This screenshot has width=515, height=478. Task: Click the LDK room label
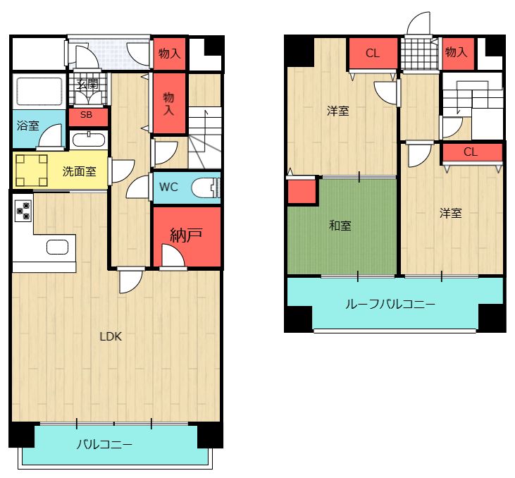pyautogui.click(x=111, y=337)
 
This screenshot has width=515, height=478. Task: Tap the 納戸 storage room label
pyautogui.click(x=187, y=234)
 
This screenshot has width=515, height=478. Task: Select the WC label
pyautogui.click(x=168, y=188)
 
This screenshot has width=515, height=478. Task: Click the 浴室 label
pyautogui.click(x=28, y=128)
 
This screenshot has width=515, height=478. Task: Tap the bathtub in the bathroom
pyautogui.click(x=39, y=92)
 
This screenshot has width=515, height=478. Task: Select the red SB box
pyautogui.click(x=87, y=115)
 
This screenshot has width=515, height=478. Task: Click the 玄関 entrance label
pyautogui.click(x=88, y=85)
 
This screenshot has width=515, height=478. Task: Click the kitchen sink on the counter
pyautogui.click(x=58, y=247)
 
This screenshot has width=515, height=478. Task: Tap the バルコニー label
pyautogui.click(x=104, y=445)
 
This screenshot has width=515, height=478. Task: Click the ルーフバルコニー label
pyautogui.click(x=390, y=305)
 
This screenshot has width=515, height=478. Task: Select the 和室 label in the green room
pyautogui.click(x=340, y=226)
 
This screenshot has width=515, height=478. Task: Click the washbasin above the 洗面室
pyautogui.click(x=88, y=137)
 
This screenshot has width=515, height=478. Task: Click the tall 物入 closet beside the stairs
pyautogui.click(x=169, y=102)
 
